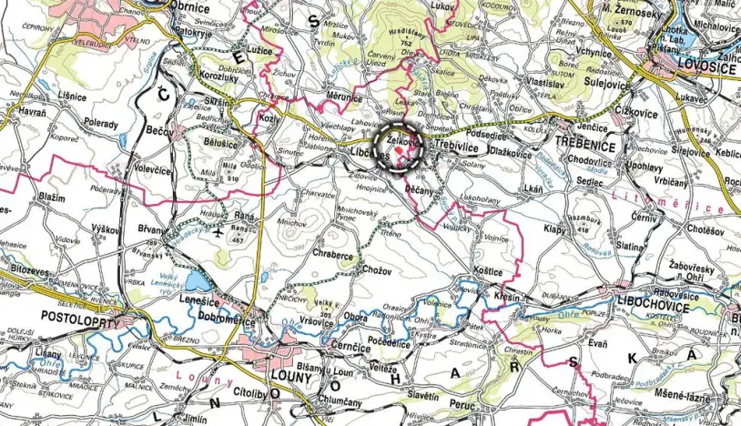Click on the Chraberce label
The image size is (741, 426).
coord(332,258)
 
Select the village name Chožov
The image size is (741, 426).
coord(376,269)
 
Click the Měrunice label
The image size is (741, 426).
coord(343,96)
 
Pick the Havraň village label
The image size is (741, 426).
coord(31,112)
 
